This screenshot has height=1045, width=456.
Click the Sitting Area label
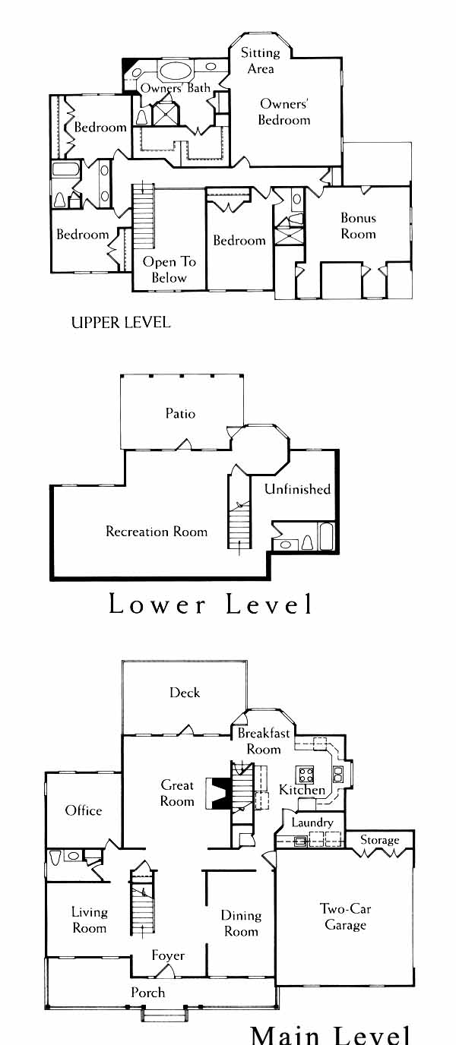[x=260, y=61]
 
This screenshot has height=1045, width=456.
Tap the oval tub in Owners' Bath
[x=176, y=72]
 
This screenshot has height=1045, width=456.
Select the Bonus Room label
[x=358, y=226]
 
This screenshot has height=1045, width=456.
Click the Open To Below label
[x=169, y=270]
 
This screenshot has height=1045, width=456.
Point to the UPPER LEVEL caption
[x=120, y=322]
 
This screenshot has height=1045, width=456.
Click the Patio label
[x=180, y=413]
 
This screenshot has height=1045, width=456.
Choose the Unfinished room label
[x=297, y=489]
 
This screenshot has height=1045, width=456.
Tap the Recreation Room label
[x=157, y=531]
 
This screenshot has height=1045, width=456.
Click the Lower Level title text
[x=211, y=605]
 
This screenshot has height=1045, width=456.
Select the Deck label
[x=185, y=692]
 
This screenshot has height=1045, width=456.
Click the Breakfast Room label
[x=264, y=741]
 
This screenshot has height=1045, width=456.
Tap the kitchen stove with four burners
[x=306, y=775]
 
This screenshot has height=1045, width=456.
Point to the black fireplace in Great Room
[x=220, y=795]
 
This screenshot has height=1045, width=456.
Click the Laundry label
[x=312, y=822]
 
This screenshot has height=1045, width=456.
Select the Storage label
[x=379, y=840]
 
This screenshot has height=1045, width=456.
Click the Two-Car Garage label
[x=345, y=917]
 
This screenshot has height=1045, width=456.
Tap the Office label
[x=84, y=810]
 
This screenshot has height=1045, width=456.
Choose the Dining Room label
[x=241, y=923]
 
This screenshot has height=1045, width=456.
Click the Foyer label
[x=168, y=955]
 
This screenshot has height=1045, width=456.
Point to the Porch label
[x=147, y=992]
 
